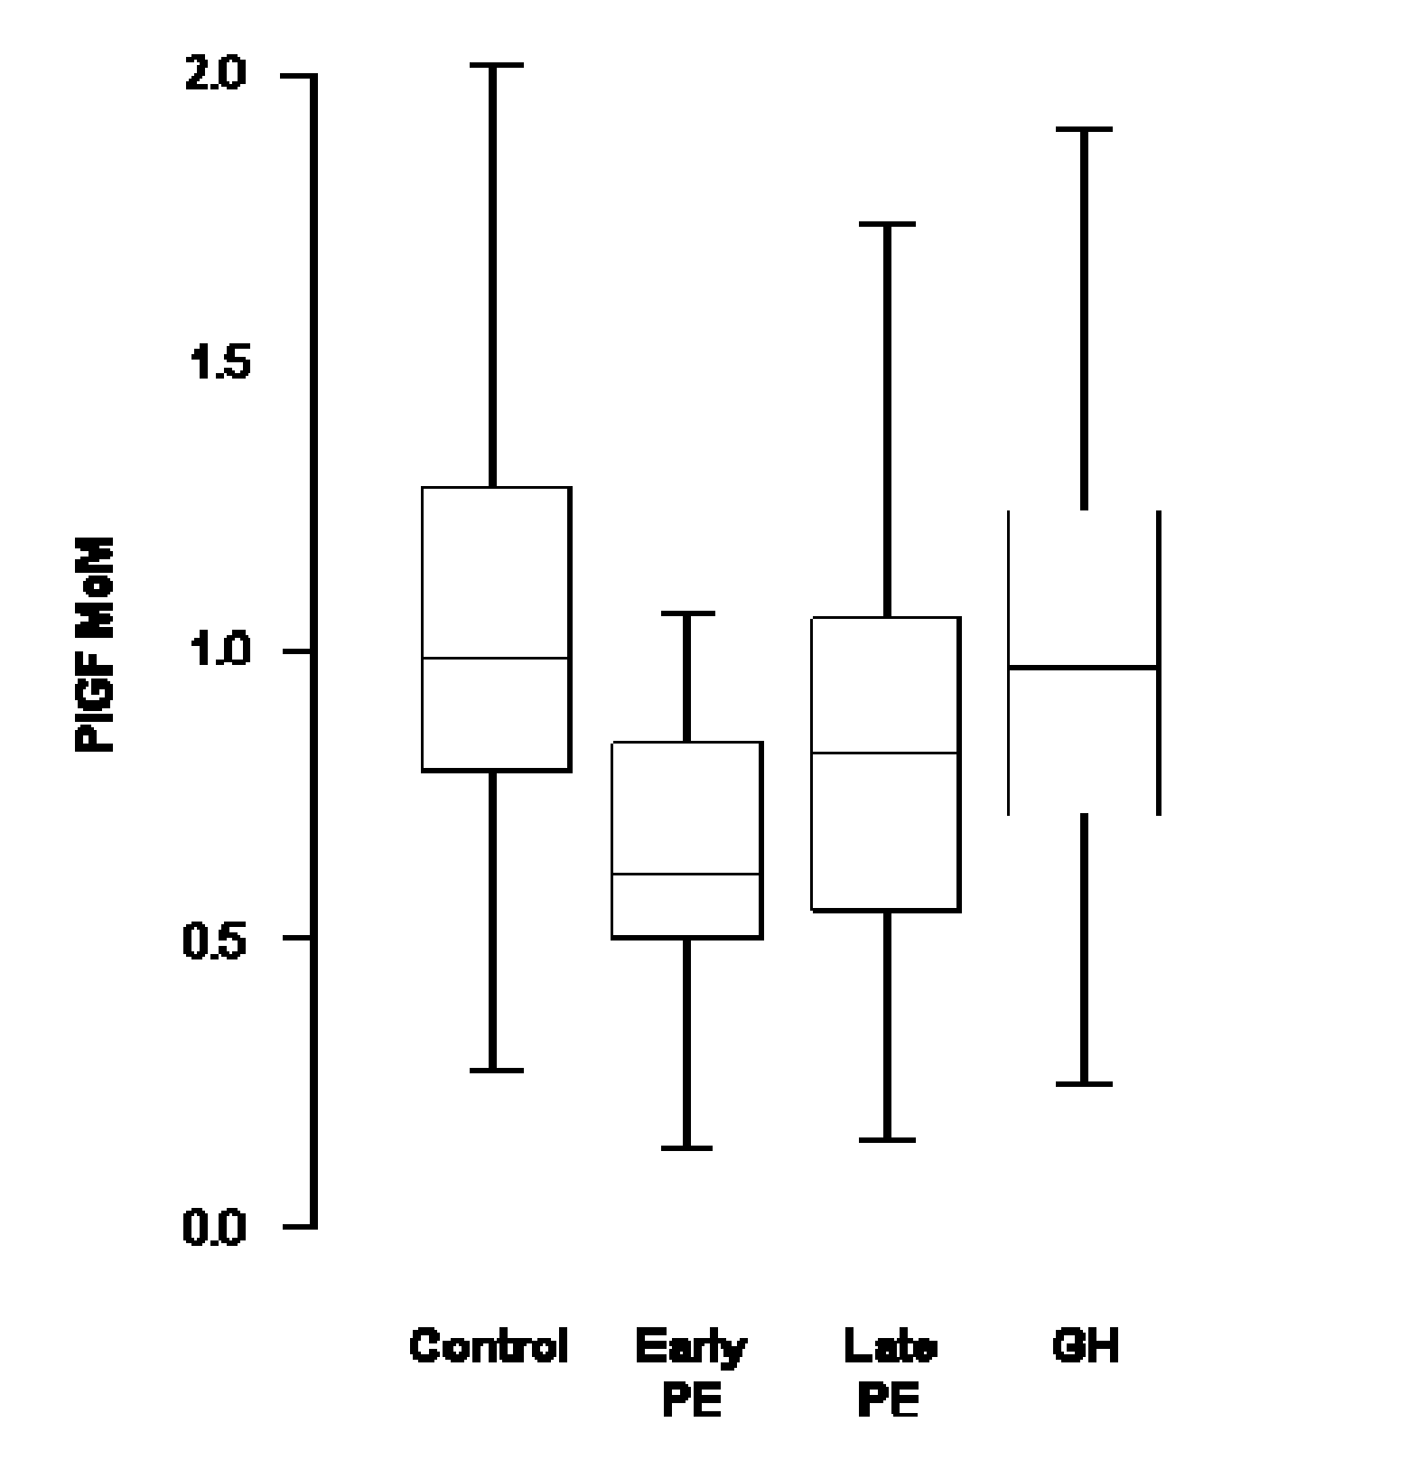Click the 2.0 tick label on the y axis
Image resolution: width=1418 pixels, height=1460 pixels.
click(x=215, y=76)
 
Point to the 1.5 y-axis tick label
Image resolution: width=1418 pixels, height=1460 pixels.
click(x=215, y=363)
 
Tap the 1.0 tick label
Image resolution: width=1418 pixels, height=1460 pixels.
click(x=215, y=650)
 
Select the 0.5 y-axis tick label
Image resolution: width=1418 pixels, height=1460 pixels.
click(x=215, y=940)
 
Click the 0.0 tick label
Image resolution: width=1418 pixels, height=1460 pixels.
click(x=215, y=1227)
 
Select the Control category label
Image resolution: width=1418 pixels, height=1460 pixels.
click(x=489, y=1346)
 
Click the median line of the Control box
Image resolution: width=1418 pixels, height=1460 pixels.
click(x=496, y=658)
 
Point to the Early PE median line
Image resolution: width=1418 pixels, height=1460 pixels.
click(x=687, y=874)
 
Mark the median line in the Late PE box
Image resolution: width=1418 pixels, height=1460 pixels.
click(x=885, y=752)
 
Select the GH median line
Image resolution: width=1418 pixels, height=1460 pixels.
click(x=1083, y=667)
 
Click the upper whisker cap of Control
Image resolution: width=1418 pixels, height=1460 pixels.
click(x=493, y=66)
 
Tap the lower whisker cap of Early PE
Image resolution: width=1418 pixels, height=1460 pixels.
click(x=686, y=1148)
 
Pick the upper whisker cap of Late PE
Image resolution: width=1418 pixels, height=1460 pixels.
click(x=887, y=223)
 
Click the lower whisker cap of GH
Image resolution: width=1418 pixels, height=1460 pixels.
click(x=1084, y=1083)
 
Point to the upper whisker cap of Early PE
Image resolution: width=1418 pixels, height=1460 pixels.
click(x=686, y=613)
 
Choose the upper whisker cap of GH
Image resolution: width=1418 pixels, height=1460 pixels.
click(x=1084, y=130)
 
